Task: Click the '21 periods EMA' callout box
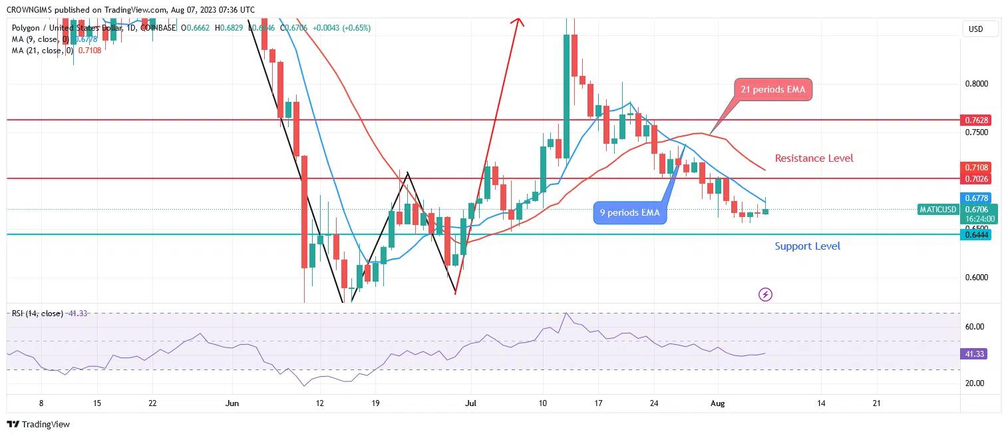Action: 773,90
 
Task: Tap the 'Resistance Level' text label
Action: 814,158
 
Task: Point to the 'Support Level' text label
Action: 807,246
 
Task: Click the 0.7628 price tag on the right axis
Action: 976,120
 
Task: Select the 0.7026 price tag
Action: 976,178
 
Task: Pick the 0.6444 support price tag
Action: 976,234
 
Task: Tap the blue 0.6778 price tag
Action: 976,198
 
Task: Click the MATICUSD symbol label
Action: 938,210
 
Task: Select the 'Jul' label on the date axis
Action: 470,403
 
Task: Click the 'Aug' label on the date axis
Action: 717,403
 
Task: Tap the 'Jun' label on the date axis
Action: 232,403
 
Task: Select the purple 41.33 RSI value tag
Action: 973,354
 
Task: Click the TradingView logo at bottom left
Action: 39,424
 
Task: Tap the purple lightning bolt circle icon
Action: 765,294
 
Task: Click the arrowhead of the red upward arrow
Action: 518,21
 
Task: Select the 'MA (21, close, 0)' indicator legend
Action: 57,51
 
